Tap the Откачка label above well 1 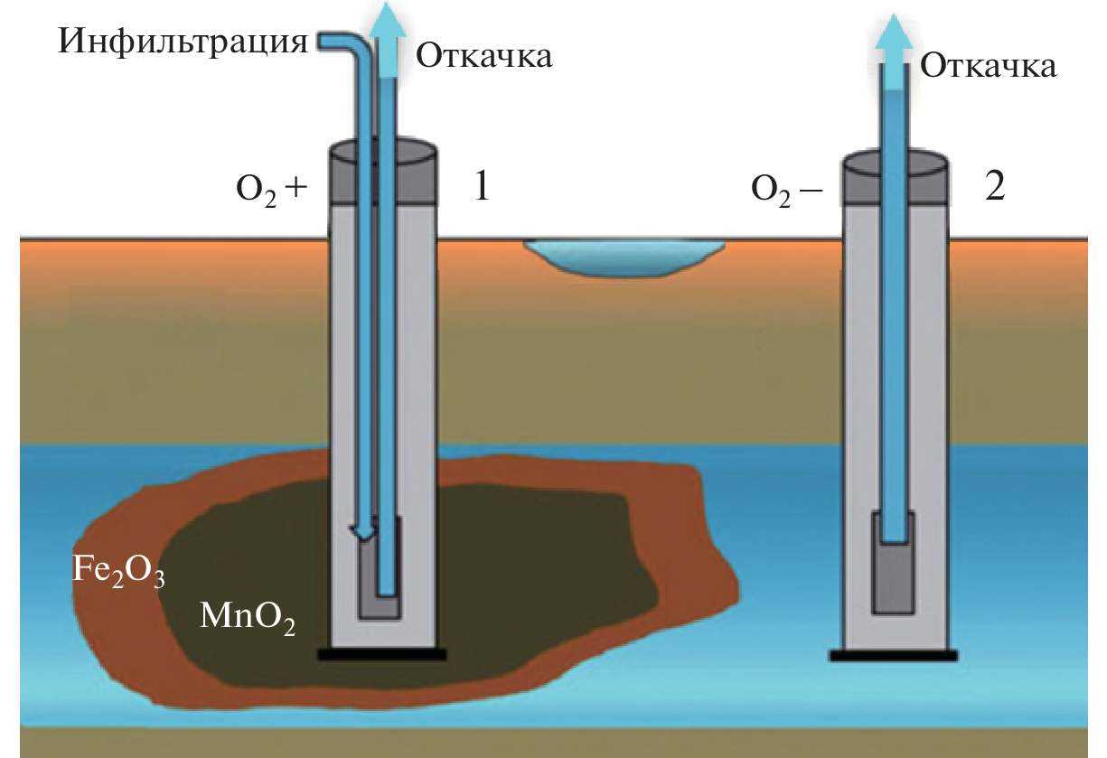click(x=483, y=56)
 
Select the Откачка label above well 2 click(x=988, y=65)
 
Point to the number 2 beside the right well click(x=994, y=188)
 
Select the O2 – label click(x=783, y=190)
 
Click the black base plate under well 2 click(x=894, y=656)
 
